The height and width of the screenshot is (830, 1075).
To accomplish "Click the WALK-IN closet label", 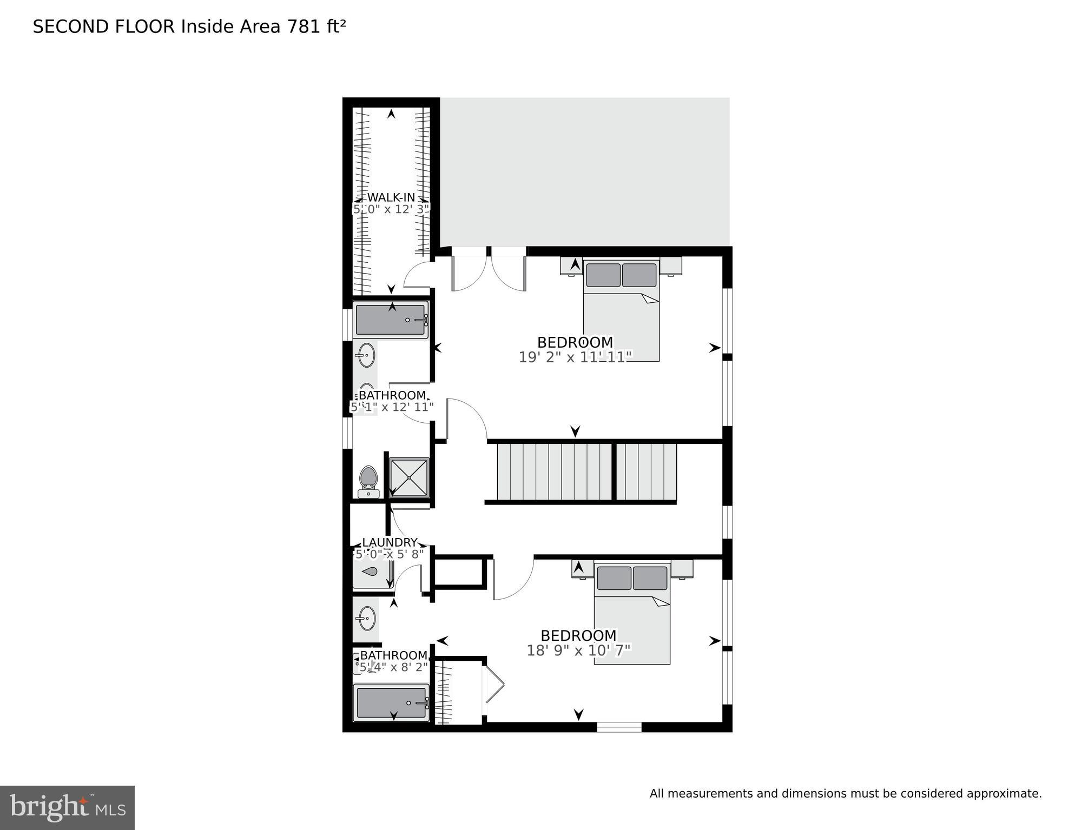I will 391,197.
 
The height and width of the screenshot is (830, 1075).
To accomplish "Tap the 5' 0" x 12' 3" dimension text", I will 391,209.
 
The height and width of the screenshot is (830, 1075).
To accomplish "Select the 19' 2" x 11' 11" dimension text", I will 575,357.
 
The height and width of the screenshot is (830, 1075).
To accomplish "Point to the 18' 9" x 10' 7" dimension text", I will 578,650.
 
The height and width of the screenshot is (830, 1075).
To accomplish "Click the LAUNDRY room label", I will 390,542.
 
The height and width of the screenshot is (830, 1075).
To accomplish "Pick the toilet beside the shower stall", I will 368,481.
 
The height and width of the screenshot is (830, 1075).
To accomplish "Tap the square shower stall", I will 410,477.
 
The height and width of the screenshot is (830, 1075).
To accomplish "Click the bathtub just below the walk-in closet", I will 391,320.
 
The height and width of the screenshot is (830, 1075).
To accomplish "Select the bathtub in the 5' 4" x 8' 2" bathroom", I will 391,702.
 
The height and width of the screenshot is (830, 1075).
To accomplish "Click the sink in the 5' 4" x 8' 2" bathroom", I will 367,617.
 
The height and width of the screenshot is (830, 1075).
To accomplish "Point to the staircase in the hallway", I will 587,472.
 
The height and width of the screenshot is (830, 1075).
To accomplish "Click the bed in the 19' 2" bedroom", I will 621,310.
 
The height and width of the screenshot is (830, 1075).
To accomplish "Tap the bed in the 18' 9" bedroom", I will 632,614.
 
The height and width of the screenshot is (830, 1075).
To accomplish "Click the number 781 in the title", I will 304,26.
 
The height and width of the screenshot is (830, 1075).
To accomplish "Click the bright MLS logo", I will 67,807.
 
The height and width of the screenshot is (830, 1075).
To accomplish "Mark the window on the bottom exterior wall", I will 619,727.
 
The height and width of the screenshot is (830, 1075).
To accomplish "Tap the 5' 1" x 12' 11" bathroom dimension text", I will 392,407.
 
